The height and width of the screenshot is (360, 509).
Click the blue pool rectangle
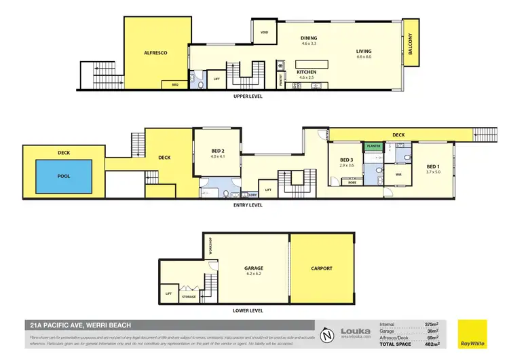63,175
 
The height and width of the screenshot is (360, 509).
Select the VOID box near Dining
263,32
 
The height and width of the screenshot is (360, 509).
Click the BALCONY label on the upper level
409,46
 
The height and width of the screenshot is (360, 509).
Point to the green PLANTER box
373,145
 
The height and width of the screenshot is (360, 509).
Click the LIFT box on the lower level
168,293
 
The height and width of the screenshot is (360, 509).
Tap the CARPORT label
322,268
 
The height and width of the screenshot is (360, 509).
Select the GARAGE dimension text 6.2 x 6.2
253,274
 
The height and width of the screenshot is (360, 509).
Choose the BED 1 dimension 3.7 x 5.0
433,172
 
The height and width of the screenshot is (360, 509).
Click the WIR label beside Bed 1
398,174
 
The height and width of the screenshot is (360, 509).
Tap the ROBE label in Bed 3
353,182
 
